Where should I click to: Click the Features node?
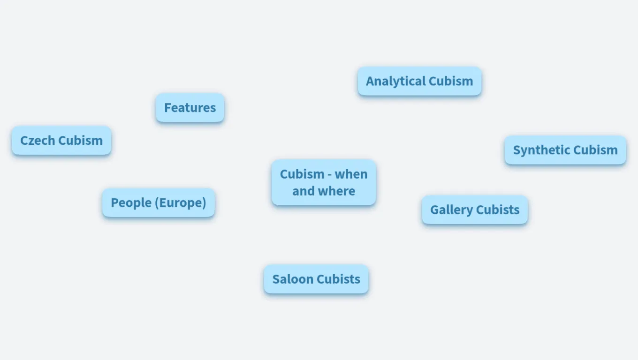point(190,108)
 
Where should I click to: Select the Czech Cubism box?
point(61,141)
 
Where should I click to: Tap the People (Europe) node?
point(159,203)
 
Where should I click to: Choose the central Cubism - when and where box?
point(324,182)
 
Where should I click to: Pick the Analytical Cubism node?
point(419,81)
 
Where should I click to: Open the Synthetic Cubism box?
point(565,150)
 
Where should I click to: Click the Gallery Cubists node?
point(475,210)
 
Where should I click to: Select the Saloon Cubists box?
point(316,279)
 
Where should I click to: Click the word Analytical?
point(395,81)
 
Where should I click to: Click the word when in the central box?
point(351,174)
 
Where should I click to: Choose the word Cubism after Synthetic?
point(595,150)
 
